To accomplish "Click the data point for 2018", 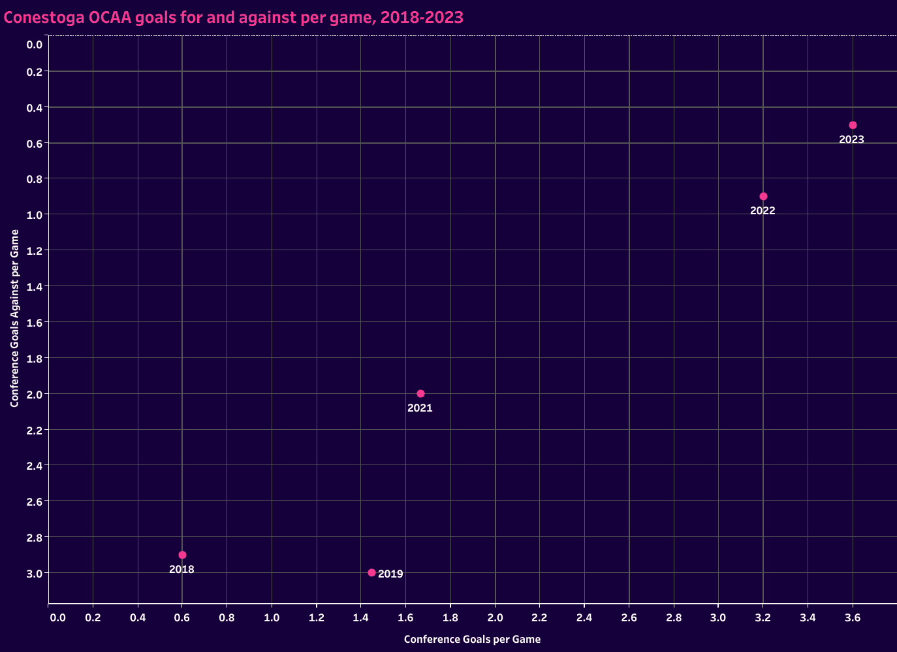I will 182,555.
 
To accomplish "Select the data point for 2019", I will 371,572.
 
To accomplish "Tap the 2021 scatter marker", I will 420,393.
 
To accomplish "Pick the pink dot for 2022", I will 763,196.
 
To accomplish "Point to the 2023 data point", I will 853,125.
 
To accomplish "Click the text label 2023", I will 851,139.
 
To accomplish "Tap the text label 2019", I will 390,574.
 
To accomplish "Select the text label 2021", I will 420,408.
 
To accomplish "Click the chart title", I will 234,18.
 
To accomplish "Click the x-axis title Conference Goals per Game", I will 472,640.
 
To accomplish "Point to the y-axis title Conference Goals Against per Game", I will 14,318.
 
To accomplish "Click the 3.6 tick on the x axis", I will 853,617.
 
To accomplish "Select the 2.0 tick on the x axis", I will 495,617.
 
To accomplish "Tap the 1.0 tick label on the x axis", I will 272,617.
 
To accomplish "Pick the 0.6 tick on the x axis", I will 182,617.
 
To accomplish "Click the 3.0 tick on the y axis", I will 35,573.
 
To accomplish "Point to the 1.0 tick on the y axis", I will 35,215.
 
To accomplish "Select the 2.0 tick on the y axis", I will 35,394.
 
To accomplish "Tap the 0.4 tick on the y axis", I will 35,107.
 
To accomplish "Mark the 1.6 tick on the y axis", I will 35,322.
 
